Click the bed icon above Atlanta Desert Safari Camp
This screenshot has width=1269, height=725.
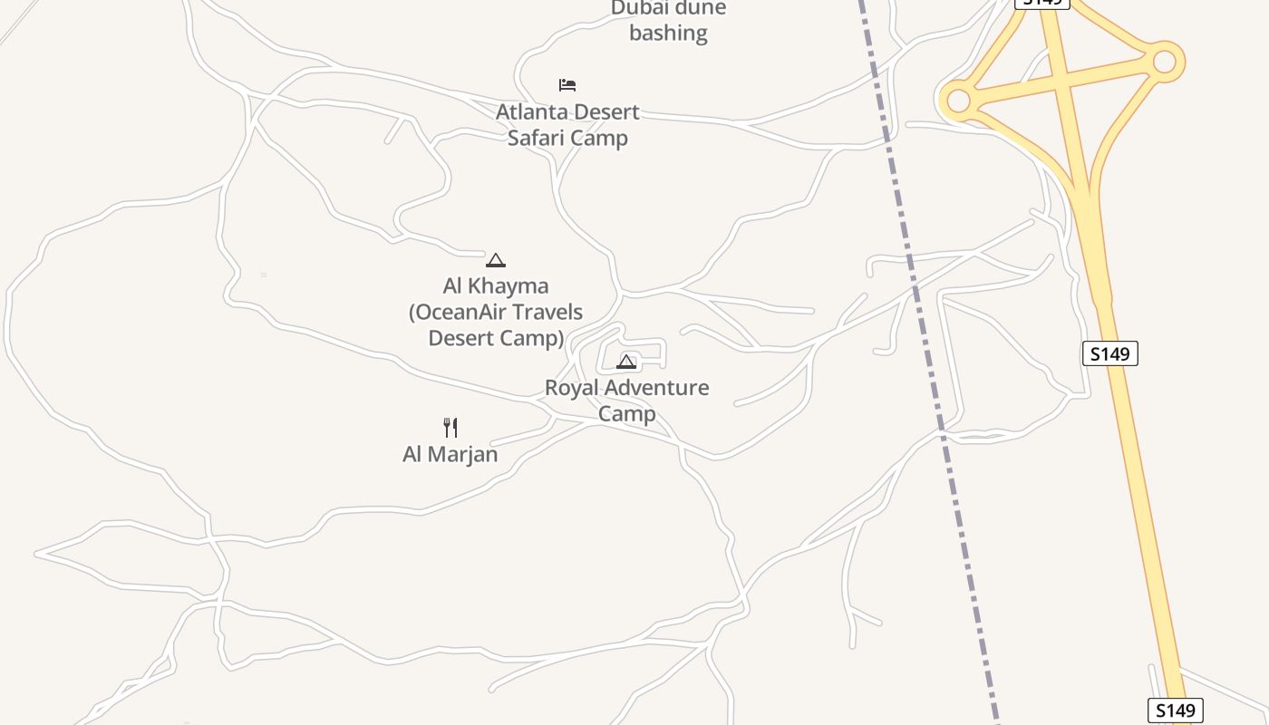[x=567, y=85]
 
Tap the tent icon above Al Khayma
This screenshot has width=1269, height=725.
[x=495, y=260]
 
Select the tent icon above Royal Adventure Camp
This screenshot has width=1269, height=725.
[x=626, y=362]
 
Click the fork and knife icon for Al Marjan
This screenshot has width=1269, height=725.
[x=450, y=427]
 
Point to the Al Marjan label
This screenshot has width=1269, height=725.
[x=450, y=454]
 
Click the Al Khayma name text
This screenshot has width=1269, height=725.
[x=496, y=286]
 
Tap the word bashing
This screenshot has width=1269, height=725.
[x=668, y=34]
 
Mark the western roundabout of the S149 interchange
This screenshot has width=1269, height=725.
[x=957, y=101]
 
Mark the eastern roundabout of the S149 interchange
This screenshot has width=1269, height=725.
[x=1164, y=62]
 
